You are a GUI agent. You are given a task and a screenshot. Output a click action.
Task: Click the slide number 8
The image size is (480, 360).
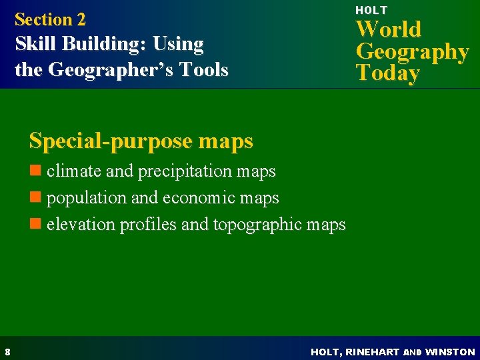coord(6,351)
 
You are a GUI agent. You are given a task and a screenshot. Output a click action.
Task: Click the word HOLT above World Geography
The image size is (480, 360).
coord(371,10)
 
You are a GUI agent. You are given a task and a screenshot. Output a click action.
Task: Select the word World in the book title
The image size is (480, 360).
coord(389,29)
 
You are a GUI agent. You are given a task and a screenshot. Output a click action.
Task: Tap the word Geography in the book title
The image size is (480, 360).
coord(412,51)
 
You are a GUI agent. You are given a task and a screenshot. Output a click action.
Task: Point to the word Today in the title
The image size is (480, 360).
coord(388,73)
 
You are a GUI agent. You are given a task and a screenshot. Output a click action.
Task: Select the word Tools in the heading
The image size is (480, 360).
coord(206,69)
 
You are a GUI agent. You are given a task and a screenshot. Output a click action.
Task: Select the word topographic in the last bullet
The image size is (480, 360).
coord(260,225)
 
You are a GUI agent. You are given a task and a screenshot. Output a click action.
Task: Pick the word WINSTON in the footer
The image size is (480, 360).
coord(450,351)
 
